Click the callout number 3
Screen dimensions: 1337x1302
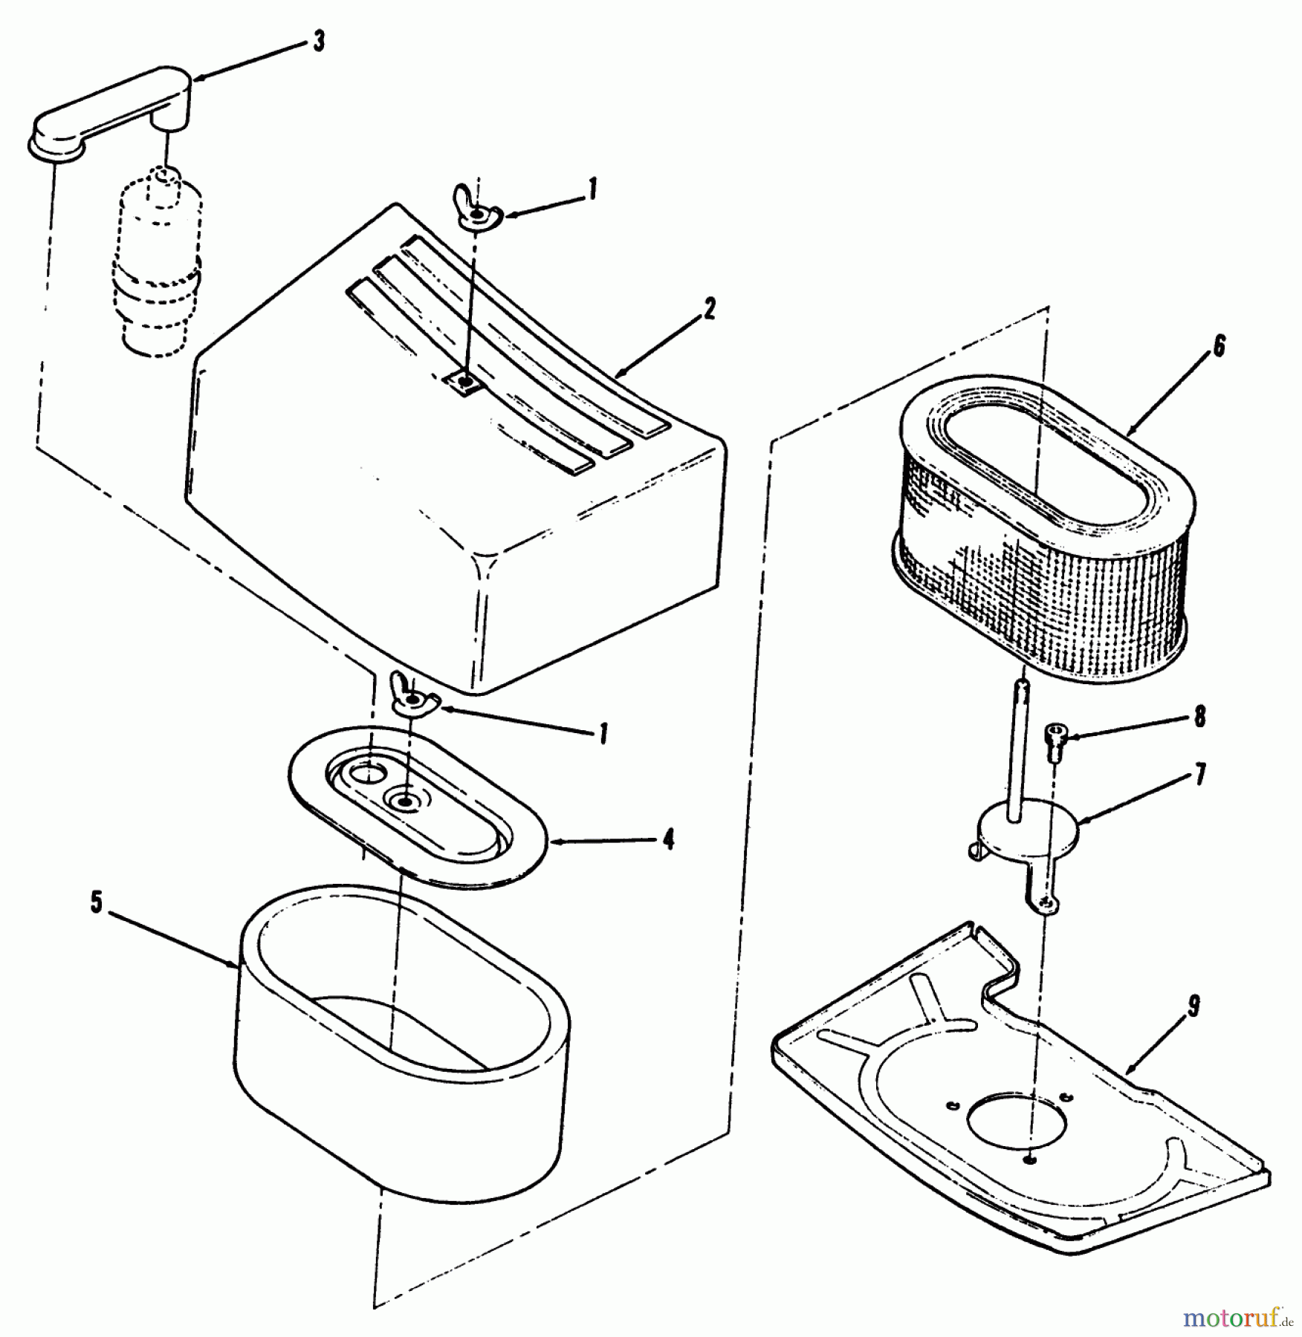pos(318,42)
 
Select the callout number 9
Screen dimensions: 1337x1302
pos(1192,1006)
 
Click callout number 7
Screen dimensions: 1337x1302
pos(1199,775)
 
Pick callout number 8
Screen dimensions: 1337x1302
pos(1199,718)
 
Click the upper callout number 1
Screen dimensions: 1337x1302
pos(592,190)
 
